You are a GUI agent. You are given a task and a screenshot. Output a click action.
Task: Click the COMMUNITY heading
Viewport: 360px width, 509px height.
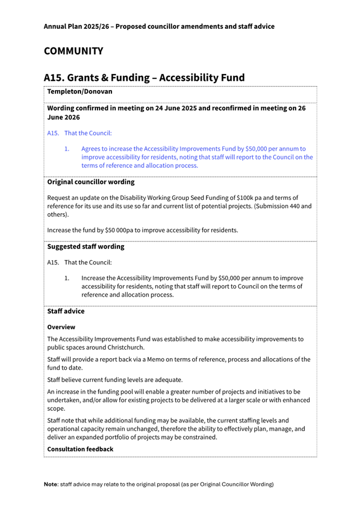tap(73, 51)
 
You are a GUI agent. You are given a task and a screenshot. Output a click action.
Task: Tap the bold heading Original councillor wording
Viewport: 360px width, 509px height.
tap(91, 182)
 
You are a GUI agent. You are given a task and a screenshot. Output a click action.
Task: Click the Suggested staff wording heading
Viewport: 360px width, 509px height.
tap(85, 247)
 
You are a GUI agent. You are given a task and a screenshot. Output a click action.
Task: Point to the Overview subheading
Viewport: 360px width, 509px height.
tap(61, 326)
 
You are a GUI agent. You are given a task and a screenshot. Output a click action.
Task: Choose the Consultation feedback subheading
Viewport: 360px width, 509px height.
tap(80, 449)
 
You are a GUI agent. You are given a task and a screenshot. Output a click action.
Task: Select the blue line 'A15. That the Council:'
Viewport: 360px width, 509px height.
tap(79, 133)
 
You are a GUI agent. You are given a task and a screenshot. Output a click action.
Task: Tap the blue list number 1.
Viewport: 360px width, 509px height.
tap(67, 149)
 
